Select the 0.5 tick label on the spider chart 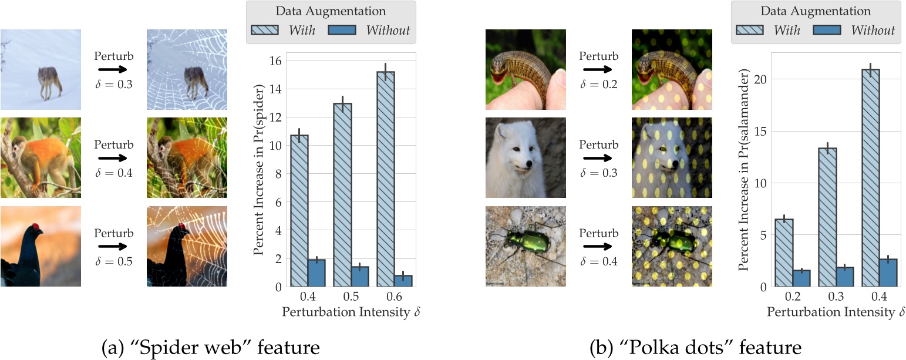[x=351, y=298]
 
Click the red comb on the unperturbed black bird [x=36, y=227]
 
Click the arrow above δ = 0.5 [x=114, y=247]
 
